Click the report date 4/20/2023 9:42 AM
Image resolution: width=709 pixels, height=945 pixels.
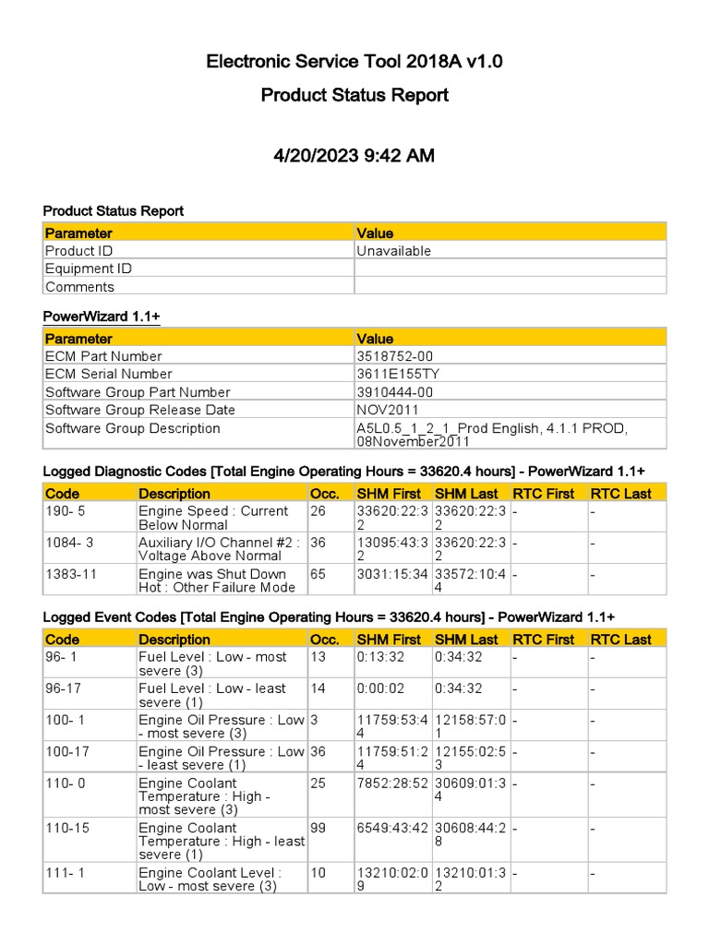pyautogui.click(x=354, y=156)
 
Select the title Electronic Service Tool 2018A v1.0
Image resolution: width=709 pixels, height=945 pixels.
pyautogui.click(x=354, y=63)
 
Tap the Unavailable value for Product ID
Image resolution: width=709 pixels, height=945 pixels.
pyautogui.click(x=394, y=251)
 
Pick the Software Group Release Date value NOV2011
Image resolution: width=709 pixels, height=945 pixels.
pyautogui.click(x=388, y=410)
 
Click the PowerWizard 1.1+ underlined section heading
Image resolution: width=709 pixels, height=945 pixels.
pyautogui.click(x=102, y=317)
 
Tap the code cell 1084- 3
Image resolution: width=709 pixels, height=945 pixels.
pyautogui.click(x=69, y=543)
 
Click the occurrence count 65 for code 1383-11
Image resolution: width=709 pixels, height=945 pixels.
pyautogui.click(x=318, y=574)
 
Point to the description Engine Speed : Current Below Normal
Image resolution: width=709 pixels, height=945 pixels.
pyautogui.click(x=213, y=518)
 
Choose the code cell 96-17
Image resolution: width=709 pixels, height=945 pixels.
pyautogui.click(x=64, y=688)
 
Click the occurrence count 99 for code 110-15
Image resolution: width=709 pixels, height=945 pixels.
pyautogui.click(x=318, y=828)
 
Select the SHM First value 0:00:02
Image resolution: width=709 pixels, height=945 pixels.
pyautogui.click(x=382, y=688)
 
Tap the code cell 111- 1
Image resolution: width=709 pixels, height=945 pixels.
pyautogui.click(x=65, y=872)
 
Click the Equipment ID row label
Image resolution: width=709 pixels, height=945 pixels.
pyautogui.click(x=89, y=269)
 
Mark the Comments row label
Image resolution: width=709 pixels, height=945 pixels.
pyautogui.click(x=79, y=287)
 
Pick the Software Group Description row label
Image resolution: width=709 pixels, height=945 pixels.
pyautogui.click(x=133, y=428)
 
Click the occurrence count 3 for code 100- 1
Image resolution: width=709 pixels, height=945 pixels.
pyautogui.click(x=315, y=720)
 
